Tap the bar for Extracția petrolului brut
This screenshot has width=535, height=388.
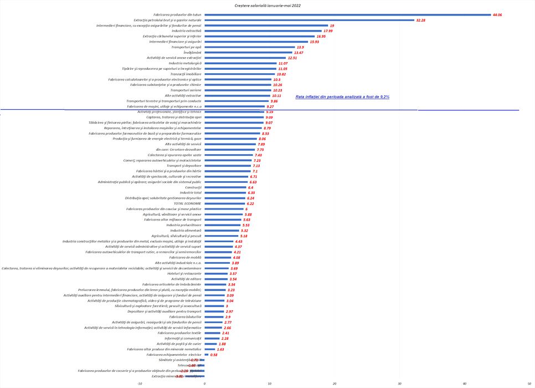310,20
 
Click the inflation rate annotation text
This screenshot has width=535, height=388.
342,96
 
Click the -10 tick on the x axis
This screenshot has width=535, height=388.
139,382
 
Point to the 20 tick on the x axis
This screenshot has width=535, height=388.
335,382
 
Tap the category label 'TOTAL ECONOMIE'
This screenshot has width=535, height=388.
186,203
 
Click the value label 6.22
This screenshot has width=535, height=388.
250,203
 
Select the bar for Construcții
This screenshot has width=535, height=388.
225,187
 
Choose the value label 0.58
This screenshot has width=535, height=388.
214,355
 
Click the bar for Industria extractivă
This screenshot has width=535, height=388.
263,31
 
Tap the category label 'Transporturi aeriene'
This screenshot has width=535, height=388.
186,90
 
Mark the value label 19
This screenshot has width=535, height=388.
332,25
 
